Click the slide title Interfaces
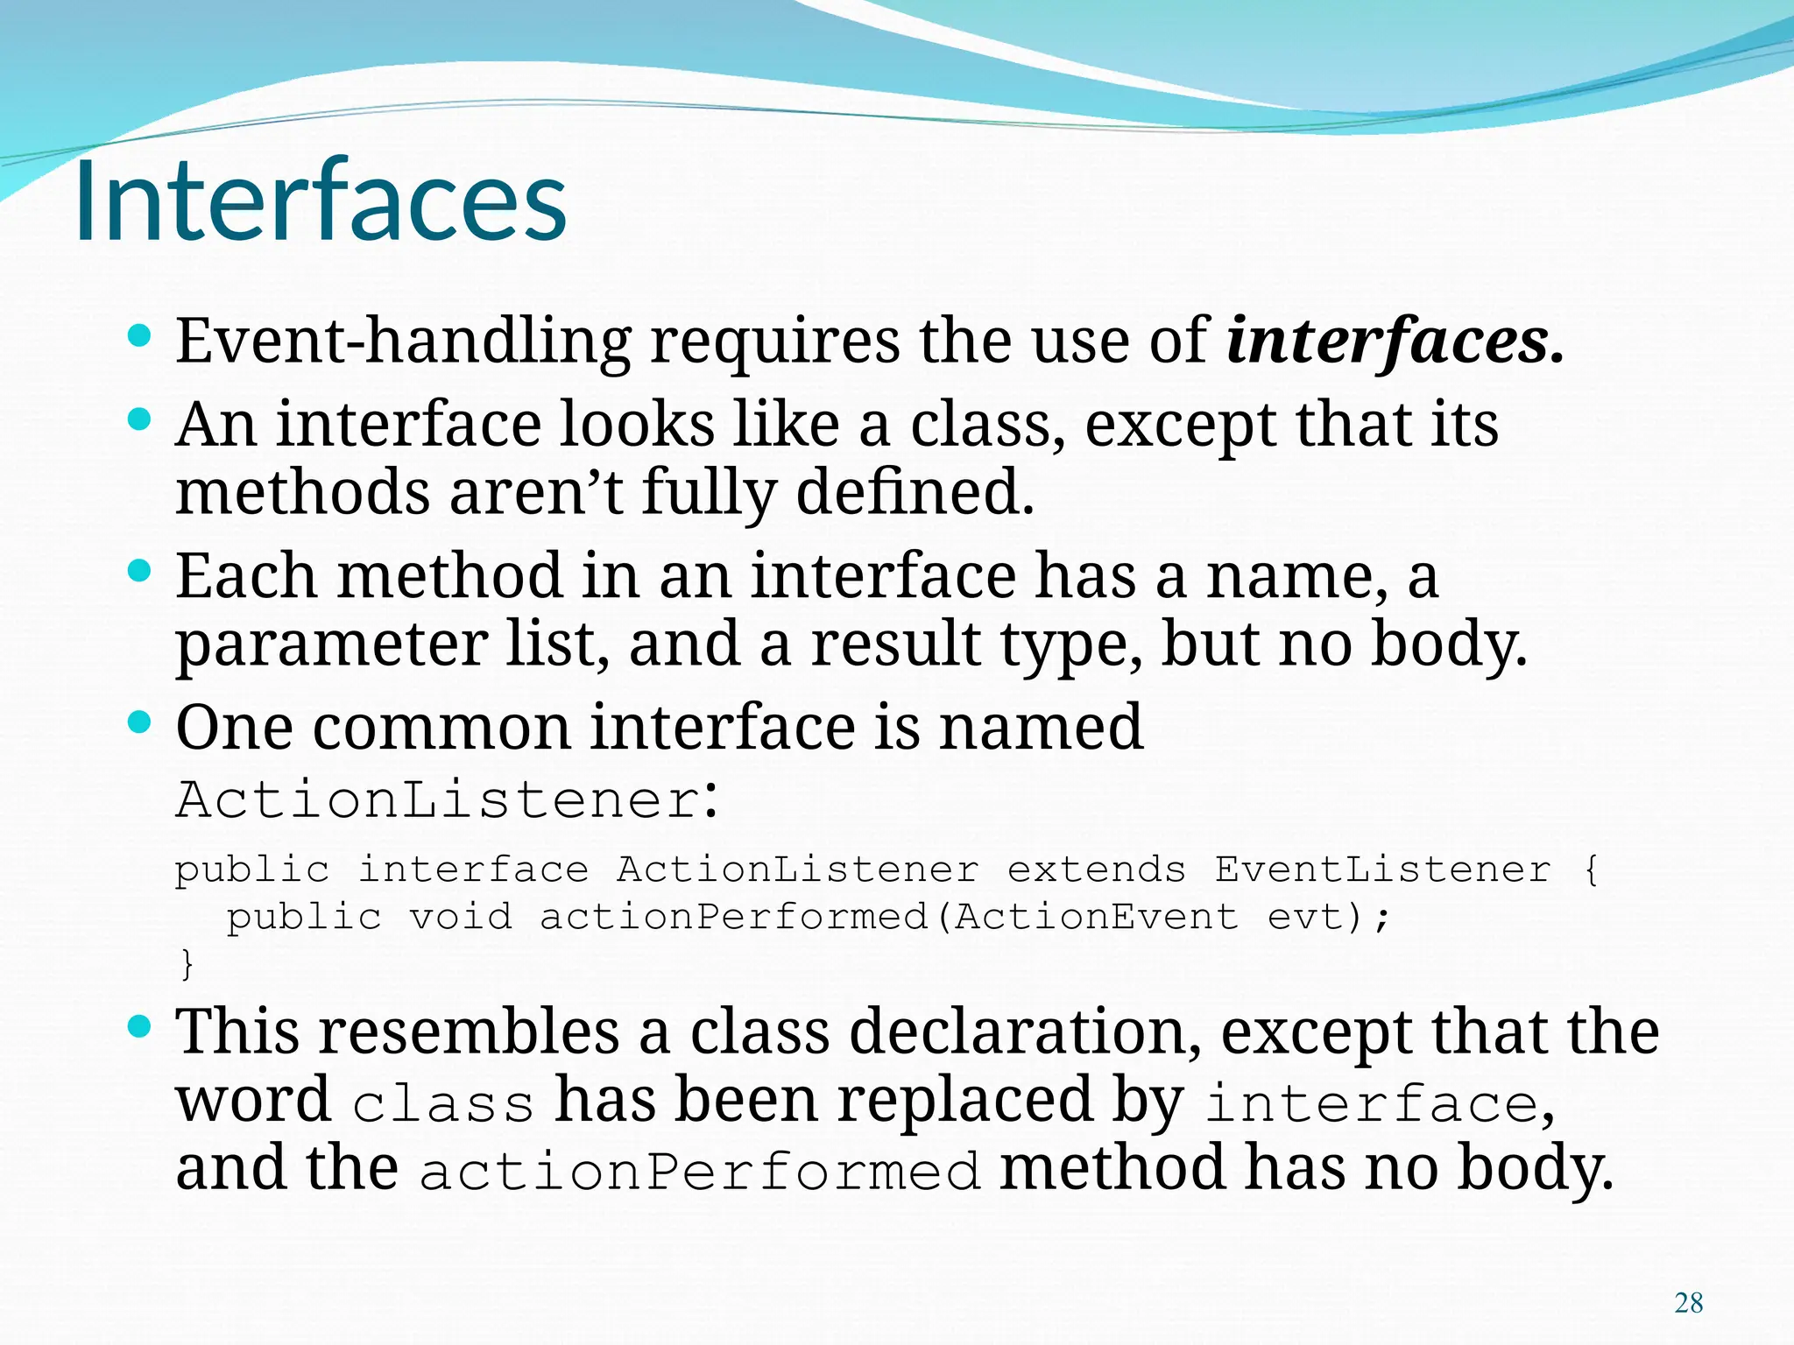pos(321,201)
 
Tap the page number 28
pos(1688,1303)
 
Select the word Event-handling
pos(403,342)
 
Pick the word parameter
pos(331,646)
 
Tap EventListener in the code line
pos(1382,870)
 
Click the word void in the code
pos(461,918)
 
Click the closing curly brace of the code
pos(187,964)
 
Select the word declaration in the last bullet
pos(1025,1032)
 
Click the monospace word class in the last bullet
pos(443,1105)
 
